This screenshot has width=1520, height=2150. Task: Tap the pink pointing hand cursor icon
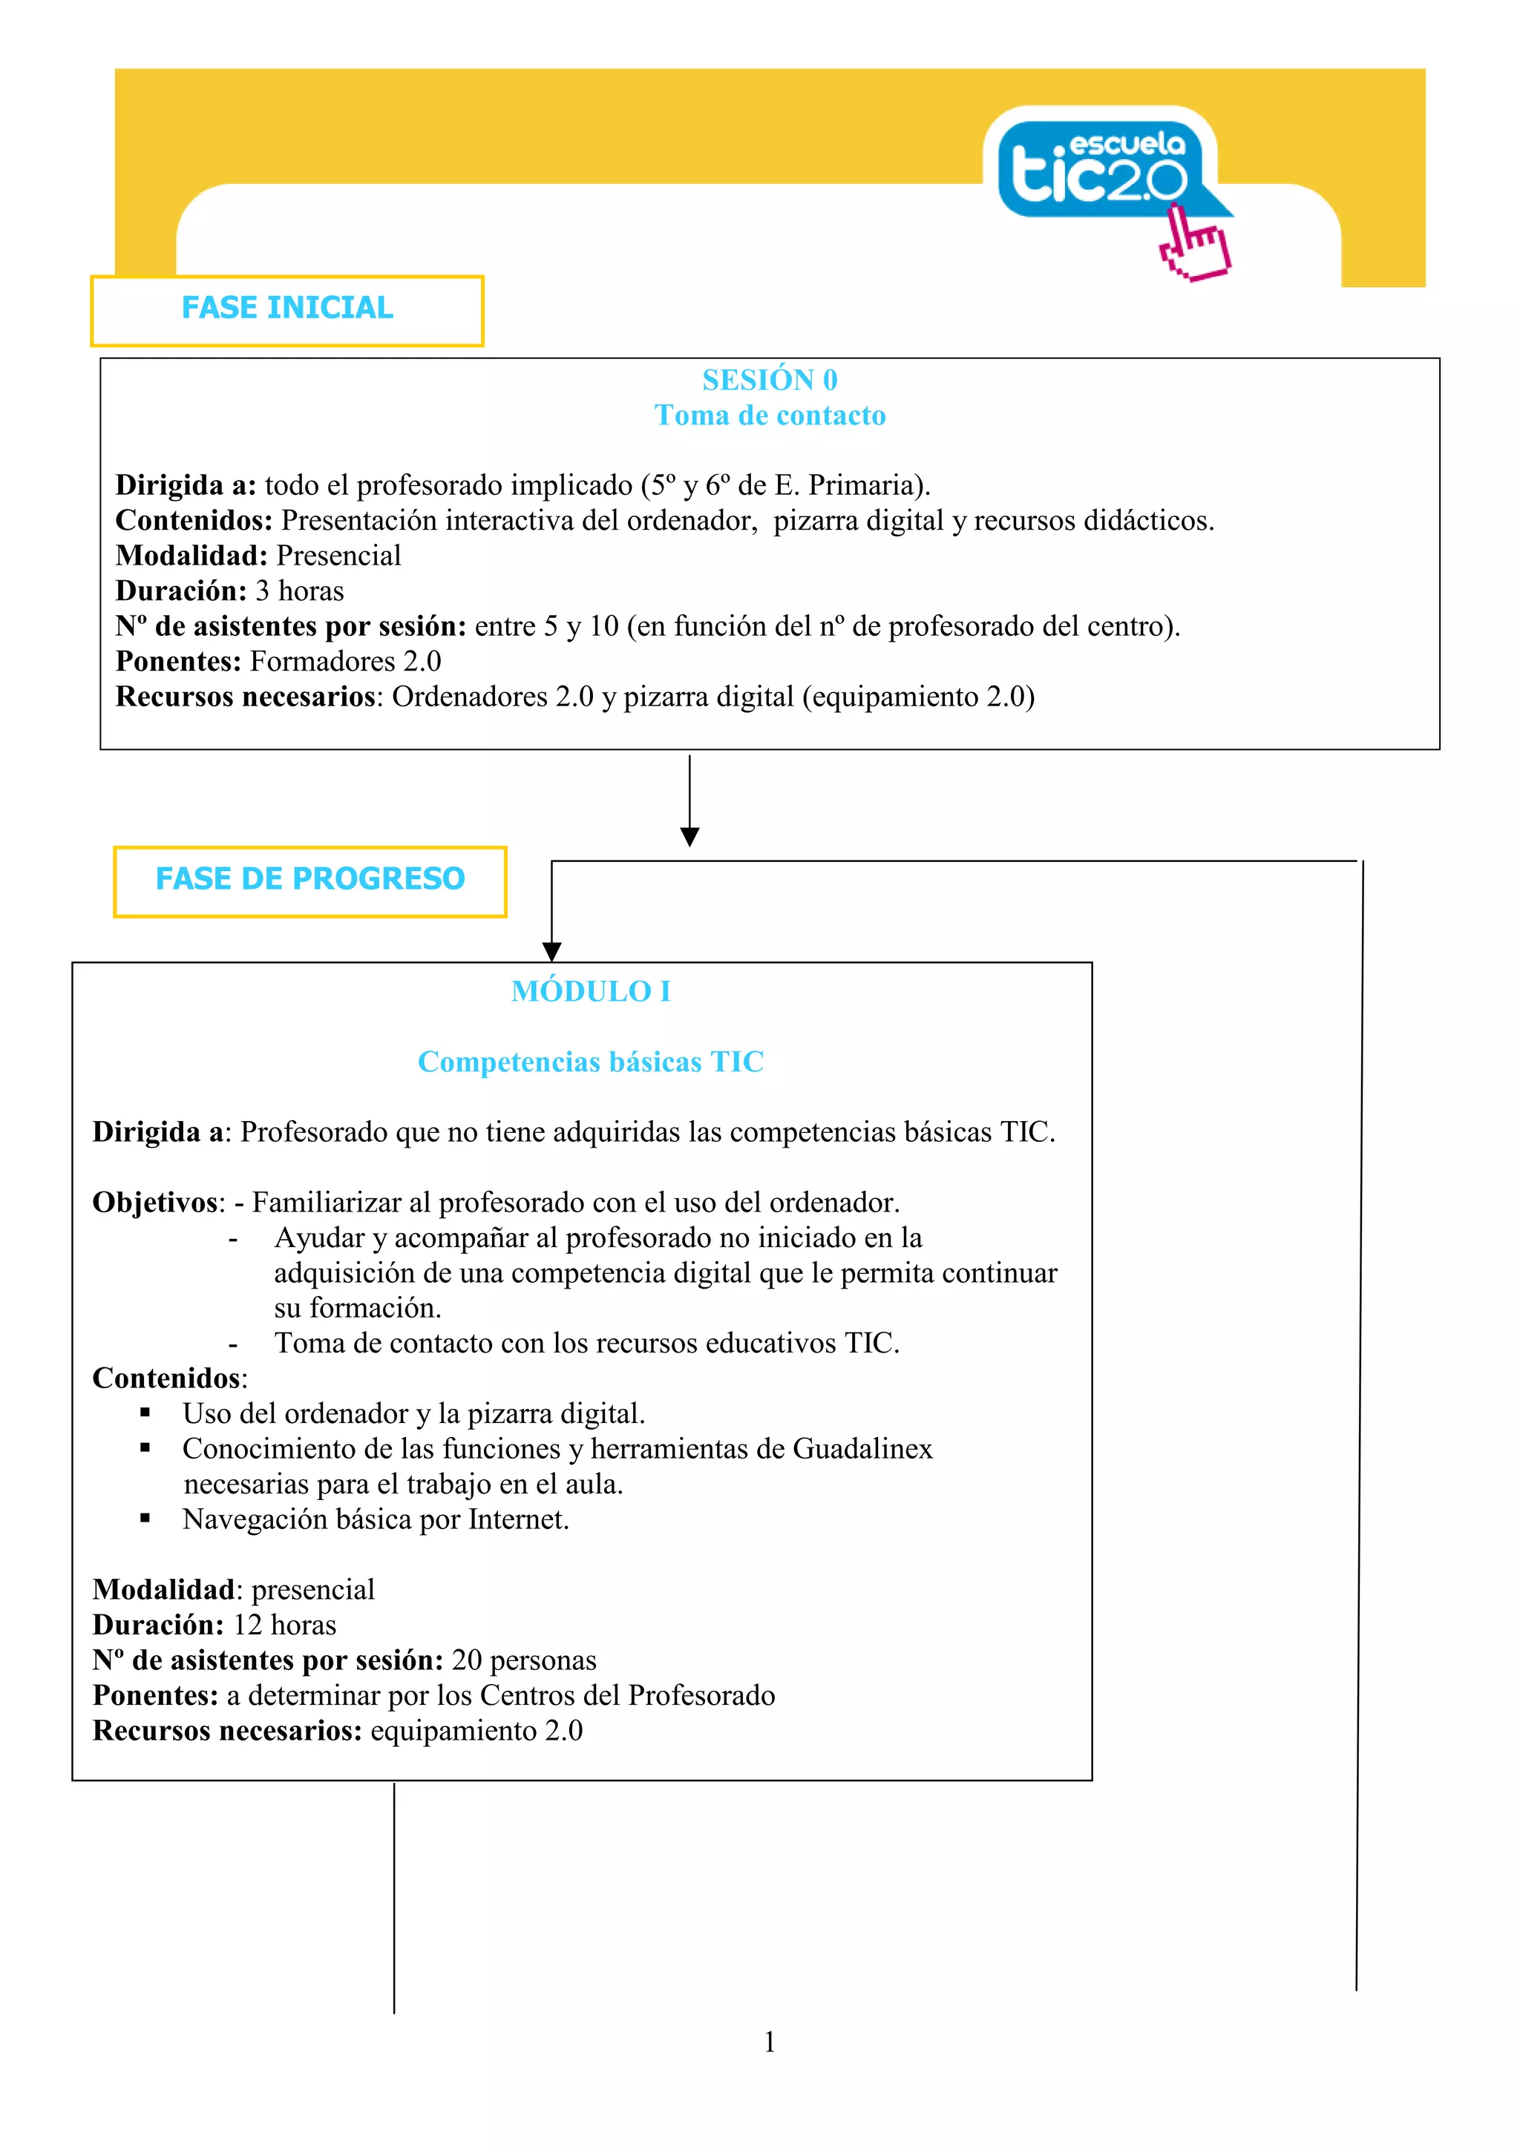tap(1194, 246)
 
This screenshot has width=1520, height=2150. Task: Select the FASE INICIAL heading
tap(286, 308)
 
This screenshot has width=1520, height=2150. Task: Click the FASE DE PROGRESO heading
tap(310, 878)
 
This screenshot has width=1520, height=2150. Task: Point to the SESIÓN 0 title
tap(770, 379)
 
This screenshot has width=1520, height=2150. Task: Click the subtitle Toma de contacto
tap(770, 415)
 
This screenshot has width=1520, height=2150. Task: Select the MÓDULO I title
tap(591, 990)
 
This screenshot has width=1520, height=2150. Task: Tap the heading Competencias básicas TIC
tap(591, 1061)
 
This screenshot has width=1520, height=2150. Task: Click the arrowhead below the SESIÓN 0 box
tap(690, 836)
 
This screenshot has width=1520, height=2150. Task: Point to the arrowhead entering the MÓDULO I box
tap(552, 951)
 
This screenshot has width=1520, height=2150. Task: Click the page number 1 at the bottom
tap(770, 2042)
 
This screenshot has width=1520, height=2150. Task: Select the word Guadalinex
tap(862, 1449)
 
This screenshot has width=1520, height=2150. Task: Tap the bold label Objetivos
tap(154, 1203)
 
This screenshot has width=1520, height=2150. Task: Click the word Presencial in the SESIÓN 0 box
tap(338, 555)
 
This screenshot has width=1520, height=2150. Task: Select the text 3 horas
tap(300, 591)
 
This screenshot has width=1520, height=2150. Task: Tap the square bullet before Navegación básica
tap(145, 1518)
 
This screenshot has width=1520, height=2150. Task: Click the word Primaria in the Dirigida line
tap(866, 485)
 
